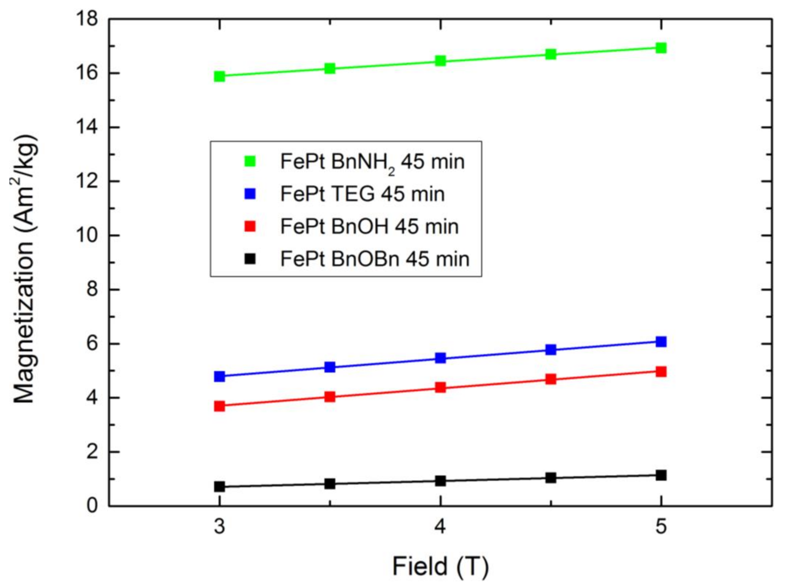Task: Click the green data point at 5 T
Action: point(661,48)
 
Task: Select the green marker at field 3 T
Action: point(220,76)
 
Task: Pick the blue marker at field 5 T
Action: point(661,342)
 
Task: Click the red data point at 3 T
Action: point(220,406)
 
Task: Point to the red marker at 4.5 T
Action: point(550,379)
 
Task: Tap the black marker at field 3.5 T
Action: point(330,484)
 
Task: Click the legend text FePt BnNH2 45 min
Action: point(372,162)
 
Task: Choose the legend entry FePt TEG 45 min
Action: point(362,194)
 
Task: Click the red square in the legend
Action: point(250,226)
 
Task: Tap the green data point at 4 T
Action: point(440,61)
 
